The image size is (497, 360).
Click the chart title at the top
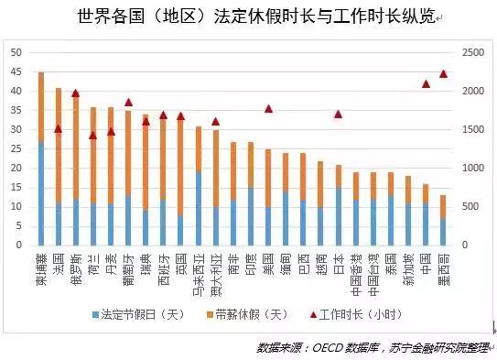tap(248, 17)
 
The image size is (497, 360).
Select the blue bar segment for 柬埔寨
tap(41, 193)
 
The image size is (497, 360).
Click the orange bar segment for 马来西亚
tap(199, 149)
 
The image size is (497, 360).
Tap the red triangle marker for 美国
tap(268, 109)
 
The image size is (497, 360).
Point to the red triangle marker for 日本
tap(339, 115)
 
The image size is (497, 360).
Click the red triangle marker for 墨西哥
tap(444, 74)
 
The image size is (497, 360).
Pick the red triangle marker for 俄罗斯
tap(76, 93)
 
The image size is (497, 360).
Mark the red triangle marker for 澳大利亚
tap(216, 121)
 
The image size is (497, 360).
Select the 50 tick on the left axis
tap(16, 52)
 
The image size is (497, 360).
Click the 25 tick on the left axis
tap(16, 148)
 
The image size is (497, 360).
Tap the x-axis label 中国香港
tap(356, 268)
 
